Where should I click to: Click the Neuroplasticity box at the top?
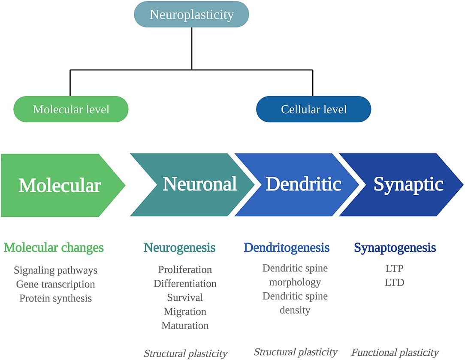click(x=191, y=15)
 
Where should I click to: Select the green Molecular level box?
click(x=71, y=109)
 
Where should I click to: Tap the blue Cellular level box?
click(x=314, y=109)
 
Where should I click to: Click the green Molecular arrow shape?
click(x=60, y=185)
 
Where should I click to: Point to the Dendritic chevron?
click(x=303, y=185)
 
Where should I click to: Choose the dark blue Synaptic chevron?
click(x=408, y=185)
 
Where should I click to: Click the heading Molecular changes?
click(x=54, y=248)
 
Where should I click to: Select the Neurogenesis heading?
click(x=179, y=248)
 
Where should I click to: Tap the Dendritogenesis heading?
click(x=286, y=248)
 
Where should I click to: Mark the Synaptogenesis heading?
click(x=395, y=248)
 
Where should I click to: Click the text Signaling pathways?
click(x=56, y=270)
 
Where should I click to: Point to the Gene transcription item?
click(x=56, y=284)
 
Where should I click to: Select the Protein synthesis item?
click(x=56, y=298)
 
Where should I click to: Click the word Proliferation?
click(x=185, y=270)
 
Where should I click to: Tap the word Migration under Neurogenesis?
click(x=185, y=312)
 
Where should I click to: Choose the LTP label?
click(x=395, y=269)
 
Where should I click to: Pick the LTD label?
click(x=395, y=283)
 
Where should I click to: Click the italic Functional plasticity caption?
click(x=395, y=353)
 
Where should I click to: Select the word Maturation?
click(x=185, y=325)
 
